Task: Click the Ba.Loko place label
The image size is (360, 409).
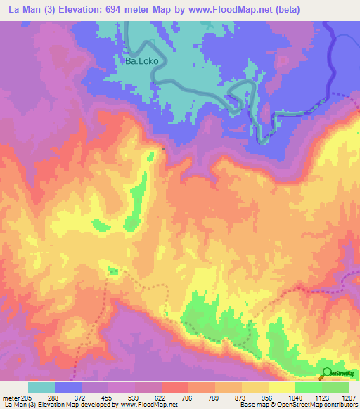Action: [143, 61]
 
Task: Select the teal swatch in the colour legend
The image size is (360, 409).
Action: [41, 387]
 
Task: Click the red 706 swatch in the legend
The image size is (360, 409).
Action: [175, 387]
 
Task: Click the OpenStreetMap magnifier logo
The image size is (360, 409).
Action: [328, 372]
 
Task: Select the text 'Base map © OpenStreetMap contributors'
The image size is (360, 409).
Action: [298, 405]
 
